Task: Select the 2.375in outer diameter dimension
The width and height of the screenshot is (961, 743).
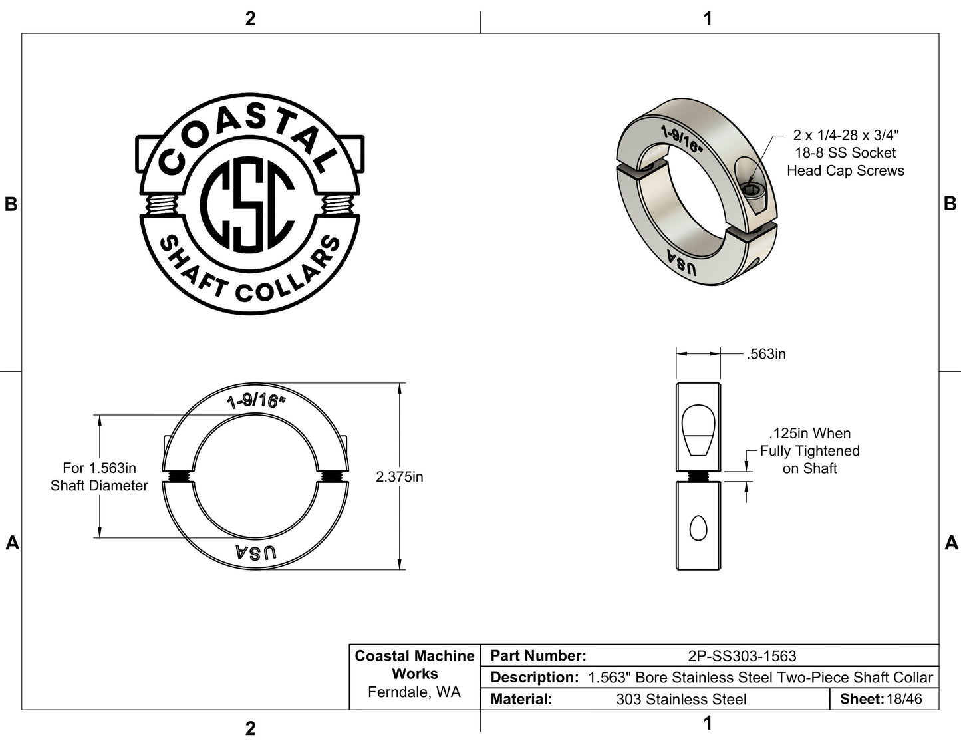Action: [399, 477]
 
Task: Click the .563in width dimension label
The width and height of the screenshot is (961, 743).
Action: [766, 354]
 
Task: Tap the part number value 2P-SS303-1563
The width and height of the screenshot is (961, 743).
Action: [742, 656]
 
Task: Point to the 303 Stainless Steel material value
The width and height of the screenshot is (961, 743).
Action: [681, 699]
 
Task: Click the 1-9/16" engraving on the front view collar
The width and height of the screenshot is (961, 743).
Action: [255, 401]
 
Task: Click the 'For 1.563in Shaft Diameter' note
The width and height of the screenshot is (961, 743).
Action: [99, 477]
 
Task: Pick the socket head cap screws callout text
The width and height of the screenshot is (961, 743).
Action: [845, 153]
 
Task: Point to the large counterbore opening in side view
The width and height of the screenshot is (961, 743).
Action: [698, 429]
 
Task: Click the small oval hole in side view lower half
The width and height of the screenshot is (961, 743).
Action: [698, 529]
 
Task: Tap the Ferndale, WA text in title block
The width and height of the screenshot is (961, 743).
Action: [414, 692]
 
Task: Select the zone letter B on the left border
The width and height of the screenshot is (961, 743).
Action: [11, 204]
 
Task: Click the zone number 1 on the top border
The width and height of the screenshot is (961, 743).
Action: [708, 19]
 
